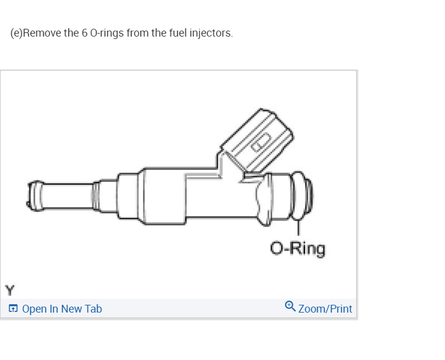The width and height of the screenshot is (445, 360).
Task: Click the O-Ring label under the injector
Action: click(x=298, y=248)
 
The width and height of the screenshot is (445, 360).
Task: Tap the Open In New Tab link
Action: click(x=62, y=309)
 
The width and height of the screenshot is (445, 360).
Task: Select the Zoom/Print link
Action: click(x=325, y=309)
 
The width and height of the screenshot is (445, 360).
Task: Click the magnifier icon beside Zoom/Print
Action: click(x=290, y=307)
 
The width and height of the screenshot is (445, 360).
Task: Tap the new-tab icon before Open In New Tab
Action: click(x=13, y=309)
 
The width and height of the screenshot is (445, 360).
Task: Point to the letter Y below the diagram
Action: click(x=9, y=290)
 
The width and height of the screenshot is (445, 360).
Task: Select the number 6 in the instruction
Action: click(x=84, y=32)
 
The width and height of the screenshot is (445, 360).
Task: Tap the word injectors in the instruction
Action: click(x=211, y=32)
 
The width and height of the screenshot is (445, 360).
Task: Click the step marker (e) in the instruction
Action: click(x=16, y=32)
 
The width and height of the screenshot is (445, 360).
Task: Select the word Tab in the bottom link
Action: click(x=93, y=309)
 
